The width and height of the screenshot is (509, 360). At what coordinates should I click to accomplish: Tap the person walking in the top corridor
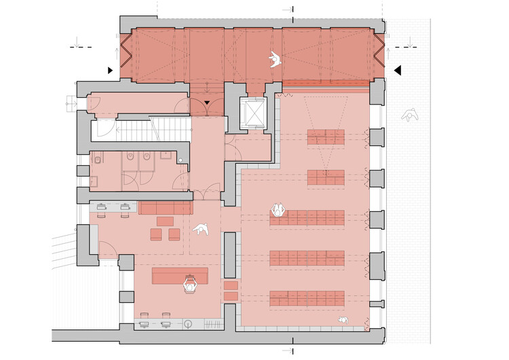[x=274, y=60]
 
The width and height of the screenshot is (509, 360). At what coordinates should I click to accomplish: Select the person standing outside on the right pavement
[x=409, y=116]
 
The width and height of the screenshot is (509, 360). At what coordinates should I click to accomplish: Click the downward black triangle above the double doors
[x=207, y=103]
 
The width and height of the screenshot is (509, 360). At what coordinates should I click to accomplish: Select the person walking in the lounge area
[x=201, y=232]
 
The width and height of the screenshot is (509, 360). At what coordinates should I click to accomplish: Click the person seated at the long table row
[x=278, y=211]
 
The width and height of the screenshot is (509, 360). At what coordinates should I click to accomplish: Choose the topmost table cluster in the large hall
[x=326, y=137]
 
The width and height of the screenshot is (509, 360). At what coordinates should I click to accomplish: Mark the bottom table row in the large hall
[x=307, y=298]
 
